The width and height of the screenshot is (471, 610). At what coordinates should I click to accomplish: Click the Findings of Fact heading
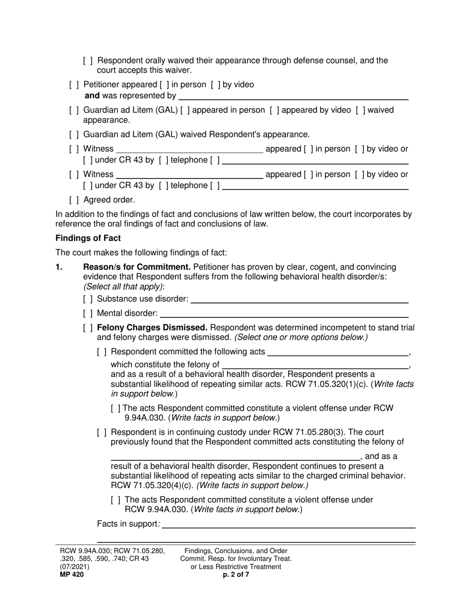point(88,238)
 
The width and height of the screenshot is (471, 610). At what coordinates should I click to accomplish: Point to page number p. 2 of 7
point(236,575)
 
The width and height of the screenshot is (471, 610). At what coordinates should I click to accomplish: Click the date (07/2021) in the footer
point(75,567)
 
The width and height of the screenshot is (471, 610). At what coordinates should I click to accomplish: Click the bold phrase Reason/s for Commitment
point(136,267)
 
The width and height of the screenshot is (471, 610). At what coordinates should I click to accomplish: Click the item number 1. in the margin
point(59,267)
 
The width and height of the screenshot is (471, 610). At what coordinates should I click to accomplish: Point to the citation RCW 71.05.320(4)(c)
point(152,485)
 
